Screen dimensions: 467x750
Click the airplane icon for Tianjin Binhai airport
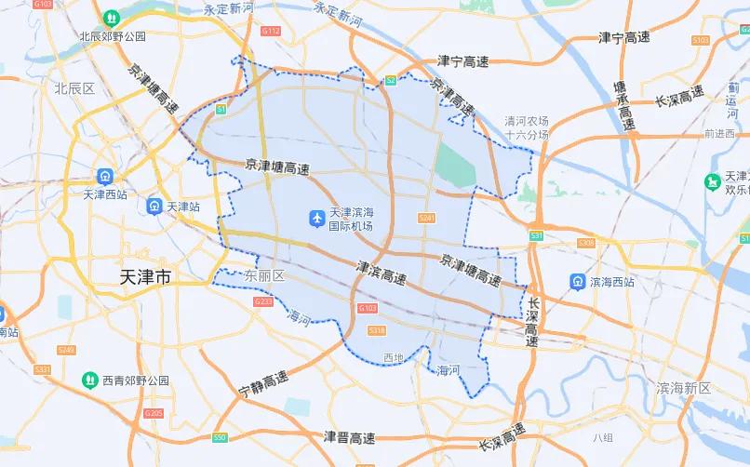coord(316,219)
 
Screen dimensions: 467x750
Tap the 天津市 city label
coord(146,277)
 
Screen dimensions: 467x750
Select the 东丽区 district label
coord(263,276)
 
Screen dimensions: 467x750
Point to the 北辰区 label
coord(74,88)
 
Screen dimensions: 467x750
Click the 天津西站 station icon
coord(105,176)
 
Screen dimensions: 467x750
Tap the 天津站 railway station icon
coord(155,207)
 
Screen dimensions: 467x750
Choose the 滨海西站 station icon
coord(578,280)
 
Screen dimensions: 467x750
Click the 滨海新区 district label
coord(683,388)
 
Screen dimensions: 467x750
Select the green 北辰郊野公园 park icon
coord(112,18)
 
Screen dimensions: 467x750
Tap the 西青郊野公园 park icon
coord(89,380)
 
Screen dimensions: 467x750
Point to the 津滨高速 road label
coord(382,273)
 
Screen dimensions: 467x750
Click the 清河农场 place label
coord(527,121)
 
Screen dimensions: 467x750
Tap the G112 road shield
coord(271,32)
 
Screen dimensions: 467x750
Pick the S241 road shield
coord(427,218)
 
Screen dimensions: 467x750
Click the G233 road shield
coord(263,301)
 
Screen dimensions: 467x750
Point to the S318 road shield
coord(377,330)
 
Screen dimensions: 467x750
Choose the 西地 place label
coord(394,357)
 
